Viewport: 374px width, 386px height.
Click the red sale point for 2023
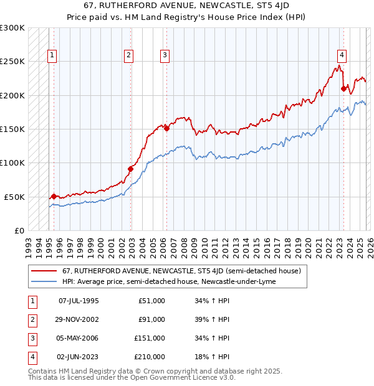pyautogui.click(x=343, y=88)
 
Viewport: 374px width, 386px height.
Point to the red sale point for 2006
pyautogui.click(x=166, y=128)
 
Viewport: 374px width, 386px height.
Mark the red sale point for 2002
pyautogui.click(x=131, y=169)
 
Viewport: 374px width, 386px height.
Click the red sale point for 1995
pyautogui.click(x=54, y=195)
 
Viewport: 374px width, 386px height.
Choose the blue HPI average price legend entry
pyautogui.click(x=169, y=281)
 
